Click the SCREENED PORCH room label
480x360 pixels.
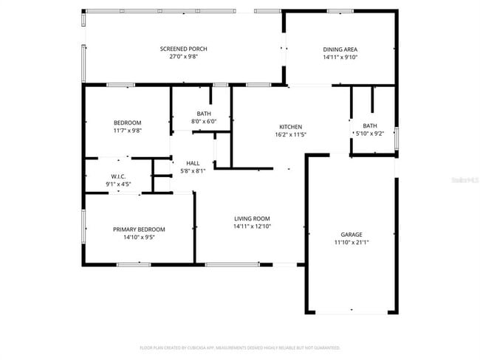(183, 49)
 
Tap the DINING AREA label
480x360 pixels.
(340, 49)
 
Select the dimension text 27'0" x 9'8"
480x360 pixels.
(183, 57)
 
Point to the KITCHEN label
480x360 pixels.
(290, 126)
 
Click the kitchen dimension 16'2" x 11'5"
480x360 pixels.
(290, 134)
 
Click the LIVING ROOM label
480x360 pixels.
(252, 218)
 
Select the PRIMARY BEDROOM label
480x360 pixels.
(139, 229)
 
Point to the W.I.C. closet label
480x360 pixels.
(119, 176)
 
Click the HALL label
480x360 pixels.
(193, 163)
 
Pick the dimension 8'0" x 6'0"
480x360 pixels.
(204, 121)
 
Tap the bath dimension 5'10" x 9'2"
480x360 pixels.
(370, 134)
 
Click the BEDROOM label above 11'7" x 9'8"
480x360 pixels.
(127, 122)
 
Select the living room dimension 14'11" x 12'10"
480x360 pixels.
(252, 226)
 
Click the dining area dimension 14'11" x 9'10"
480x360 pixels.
(340, 57)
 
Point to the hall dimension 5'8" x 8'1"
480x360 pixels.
(193, 171)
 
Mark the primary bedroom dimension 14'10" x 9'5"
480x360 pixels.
(139, 237)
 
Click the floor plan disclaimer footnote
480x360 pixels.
(239, 347)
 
